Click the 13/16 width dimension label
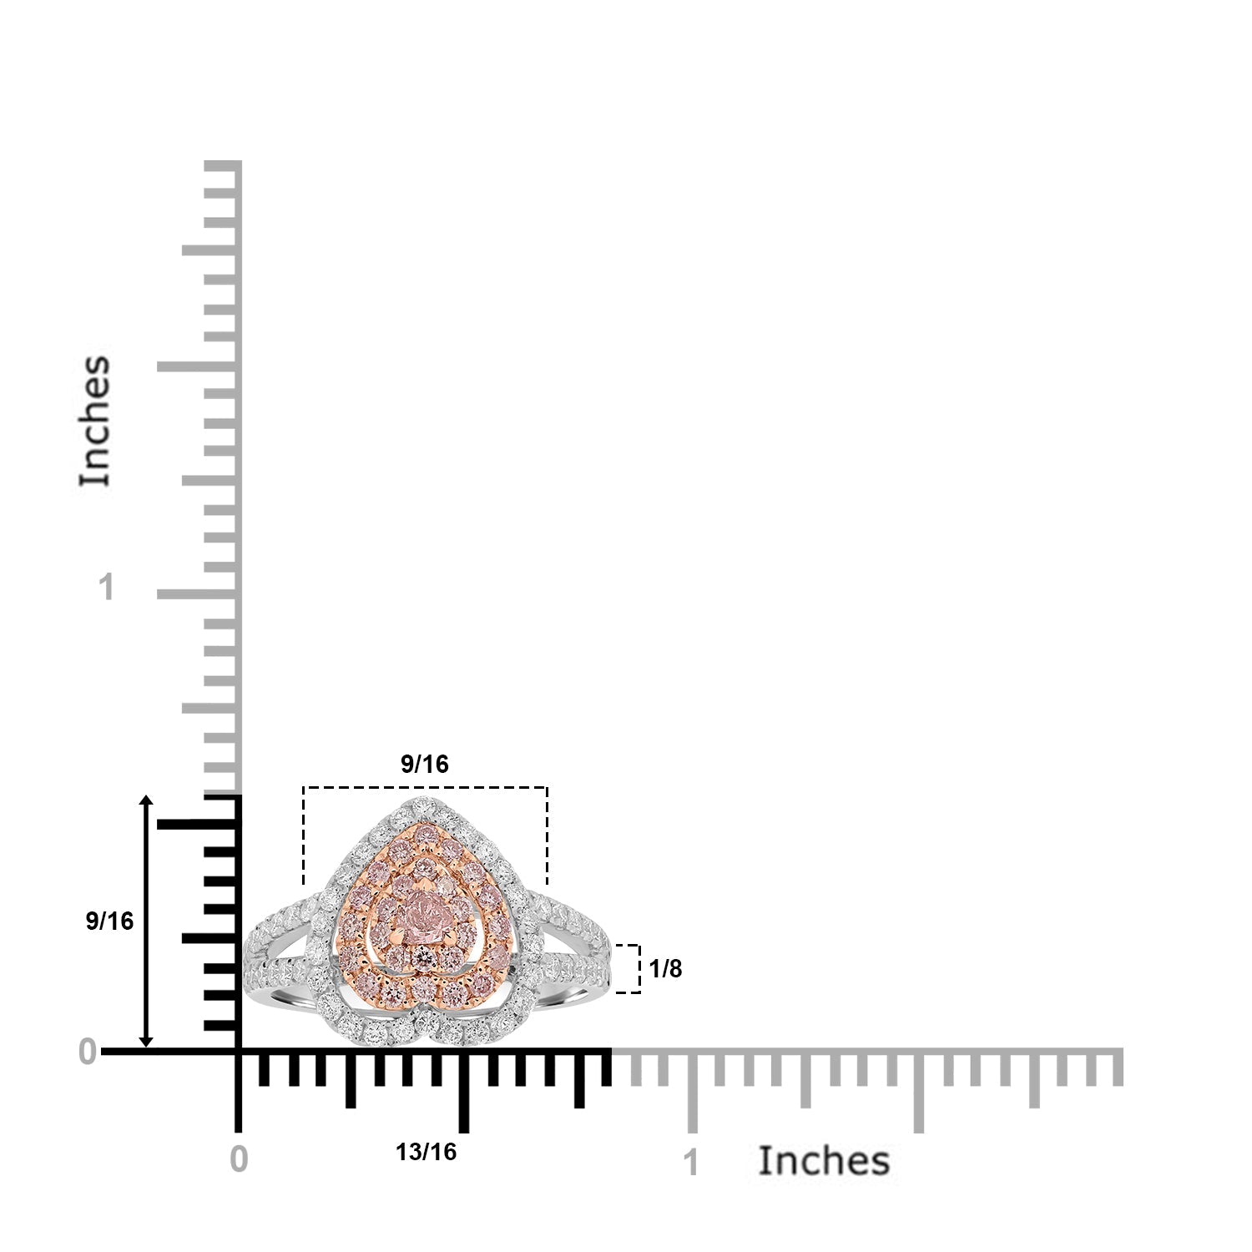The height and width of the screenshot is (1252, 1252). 426,1152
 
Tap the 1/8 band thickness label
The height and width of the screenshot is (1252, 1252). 665,969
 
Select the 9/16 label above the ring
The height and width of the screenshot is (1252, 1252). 425,764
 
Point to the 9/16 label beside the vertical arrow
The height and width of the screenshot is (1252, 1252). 109,921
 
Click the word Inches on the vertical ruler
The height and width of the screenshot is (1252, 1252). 95,421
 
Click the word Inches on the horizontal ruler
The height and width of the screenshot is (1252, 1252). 824,1161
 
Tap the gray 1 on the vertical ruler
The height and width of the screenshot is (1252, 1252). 105,588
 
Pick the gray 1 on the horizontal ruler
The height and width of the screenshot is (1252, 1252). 690,1163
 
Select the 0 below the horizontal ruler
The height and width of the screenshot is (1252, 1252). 239,1159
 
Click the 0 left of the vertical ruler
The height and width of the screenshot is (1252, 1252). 88,1053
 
